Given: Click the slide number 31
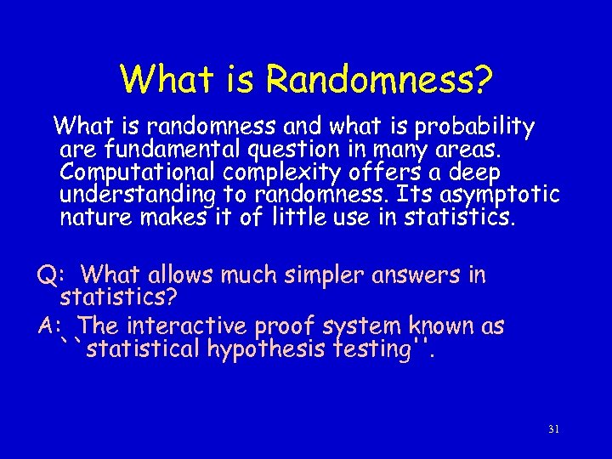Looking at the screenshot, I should pos(553,429).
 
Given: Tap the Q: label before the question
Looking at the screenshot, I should pos(51,275).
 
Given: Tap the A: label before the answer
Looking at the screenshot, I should pos(51,326).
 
